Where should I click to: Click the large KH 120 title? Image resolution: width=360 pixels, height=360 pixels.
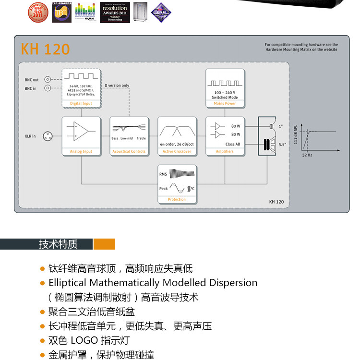pyautogui.click(x=45, y=49)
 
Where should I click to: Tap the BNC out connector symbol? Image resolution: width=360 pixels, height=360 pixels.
pyautogui.click(x=48, y=80)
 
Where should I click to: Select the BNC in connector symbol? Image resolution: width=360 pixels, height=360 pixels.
pyautogui.click(x=48, y=88)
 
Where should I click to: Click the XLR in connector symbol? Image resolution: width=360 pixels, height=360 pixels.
pyautogui.click(x=48, y=136)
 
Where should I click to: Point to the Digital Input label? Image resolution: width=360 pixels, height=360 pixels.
pyautogui.click(x=81, y=103)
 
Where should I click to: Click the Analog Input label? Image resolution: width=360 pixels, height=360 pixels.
pyautogui.click(x=81, y=152)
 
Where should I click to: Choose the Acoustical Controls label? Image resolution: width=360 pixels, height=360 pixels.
pyautogui.click(x=129, y=152)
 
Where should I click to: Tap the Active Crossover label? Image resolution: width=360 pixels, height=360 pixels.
pyautogui.click(x=177, y=152)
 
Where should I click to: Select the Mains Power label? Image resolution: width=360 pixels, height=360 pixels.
pyautogui.click(x=225, y=103)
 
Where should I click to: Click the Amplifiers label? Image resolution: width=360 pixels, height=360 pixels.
pyautogui.click(x=225, y=152)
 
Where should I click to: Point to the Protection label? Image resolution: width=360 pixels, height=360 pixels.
pyautogui.click(x=177, y=200)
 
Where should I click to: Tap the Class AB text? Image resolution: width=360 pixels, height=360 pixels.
pyautogui.click(x=232, y=144)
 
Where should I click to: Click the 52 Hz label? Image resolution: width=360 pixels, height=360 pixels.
pyautogui.click(x=307, y=156)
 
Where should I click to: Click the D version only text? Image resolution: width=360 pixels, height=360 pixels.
pyautogui.click(x=117, y=86)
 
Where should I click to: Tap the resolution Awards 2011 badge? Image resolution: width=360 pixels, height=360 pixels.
pyautogui.click(x=115, y=12)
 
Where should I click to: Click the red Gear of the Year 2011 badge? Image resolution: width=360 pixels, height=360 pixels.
pyautogui.click(x=37, y=12)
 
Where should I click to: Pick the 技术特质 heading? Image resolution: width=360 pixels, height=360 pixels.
pyautogui.click(x=58, y=244)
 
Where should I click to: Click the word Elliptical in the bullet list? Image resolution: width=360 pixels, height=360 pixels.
pyautogui.click(x=68, y=283)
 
